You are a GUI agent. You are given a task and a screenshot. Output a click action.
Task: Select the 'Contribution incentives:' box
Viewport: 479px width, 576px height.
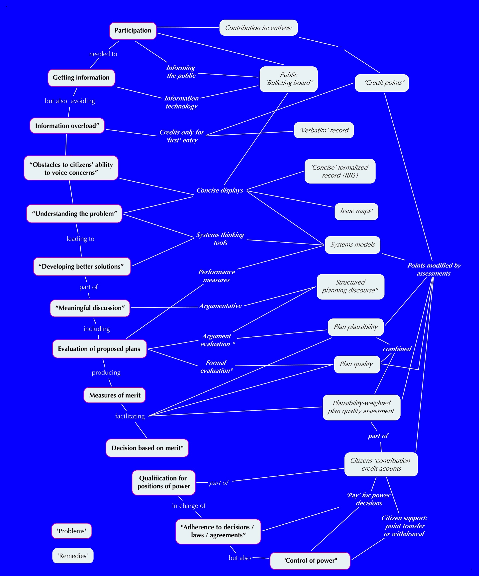coord(258,28)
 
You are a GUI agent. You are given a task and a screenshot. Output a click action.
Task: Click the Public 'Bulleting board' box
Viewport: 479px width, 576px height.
coord(289,79)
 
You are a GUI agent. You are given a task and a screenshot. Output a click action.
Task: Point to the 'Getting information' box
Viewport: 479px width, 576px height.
coord(81,78)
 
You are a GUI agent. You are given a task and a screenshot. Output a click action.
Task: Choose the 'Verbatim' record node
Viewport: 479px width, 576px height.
coord(324,130)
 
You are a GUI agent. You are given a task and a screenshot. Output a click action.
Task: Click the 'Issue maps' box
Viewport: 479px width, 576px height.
coord(356,211)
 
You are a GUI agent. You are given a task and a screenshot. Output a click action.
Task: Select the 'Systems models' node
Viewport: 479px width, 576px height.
coord(352,245)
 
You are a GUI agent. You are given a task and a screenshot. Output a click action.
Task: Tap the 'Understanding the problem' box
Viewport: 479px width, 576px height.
coord(74,214)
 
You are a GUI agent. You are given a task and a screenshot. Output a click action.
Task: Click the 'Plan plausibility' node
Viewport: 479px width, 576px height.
coord(355,327)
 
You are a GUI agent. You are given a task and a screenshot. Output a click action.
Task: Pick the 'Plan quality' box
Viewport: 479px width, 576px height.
coord(357,364)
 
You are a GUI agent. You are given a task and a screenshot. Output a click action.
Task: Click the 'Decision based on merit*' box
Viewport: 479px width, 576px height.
coord(147,448)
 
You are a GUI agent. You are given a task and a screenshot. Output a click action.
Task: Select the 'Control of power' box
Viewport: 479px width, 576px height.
coord(310,560)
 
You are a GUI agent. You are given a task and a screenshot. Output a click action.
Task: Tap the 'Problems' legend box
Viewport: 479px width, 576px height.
coord(71,531)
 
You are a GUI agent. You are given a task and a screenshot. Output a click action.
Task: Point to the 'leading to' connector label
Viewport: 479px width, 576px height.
coord(80,239)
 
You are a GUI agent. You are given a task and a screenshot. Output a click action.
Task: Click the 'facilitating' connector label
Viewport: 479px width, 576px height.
coord(130,416)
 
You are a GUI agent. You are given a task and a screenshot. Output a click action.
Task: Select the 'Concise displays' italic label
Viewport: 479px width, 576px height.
coord(220,191)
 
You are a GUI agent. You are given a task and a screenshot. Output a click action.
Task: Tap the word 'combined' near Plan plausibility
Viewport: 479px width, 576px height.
coord(397,349)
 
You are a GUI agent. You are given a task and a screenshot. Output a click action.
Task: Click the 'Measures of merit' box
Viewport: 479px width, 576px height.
coord(115,395)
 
